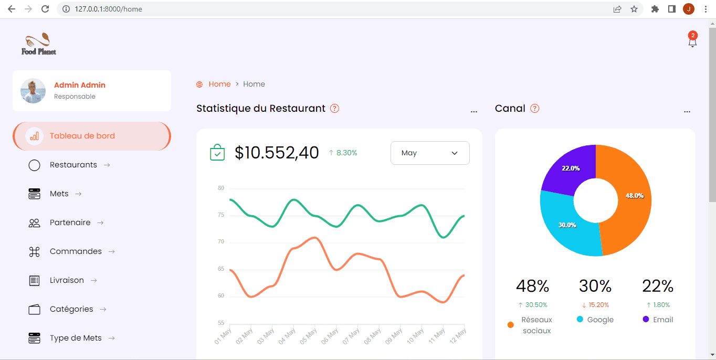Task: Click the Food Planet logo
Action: (x=39, y=44)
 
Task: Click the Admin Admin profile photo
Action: (x=33, y=91)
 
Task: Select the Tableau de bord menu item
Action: (x=92, y=136)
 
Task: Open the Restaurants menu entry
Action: (x=73, y=165)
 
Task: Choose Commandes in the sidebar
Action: (x=76, y=251)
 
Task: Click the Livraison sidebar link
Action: (x=67, y=280)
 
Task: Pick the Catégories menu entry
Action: (x=71, y=309)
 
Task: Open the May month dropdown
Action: (x=430, y=153)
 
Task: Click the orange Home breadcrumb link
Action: (x=219, y=84)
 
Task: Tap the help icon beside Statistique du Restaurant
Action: (x=335, y=109)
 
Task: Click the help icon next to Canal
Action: (x=535, y=109)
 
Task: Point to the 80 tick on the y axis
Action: (x=221, y=188)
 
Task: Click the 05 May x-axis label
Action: (x=308, y=336)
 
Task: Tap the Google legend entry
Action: (x=595, y=320)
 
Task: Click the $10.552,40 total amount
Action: (x=277, y=153)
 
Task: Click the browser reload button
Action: (x=45, y=9)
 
